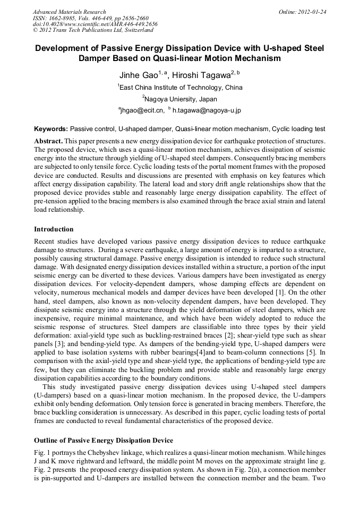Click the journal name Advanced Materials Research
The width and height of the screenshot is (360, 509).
point(69,12)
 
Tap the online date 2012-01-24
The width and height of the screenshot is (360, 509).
point(310,12)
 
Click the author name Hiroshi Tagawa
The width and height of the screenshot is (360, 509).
point(201,75)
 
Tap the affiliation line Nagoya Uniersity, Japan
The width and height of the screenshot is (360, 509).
point(181,99)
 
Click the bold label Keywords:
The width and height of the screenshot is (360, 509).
point(51,129)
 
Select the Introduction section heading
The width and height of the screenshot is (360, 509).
point(54,229)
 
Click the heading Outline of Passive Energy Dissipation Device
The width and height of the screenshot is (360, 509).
point(103,441)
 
